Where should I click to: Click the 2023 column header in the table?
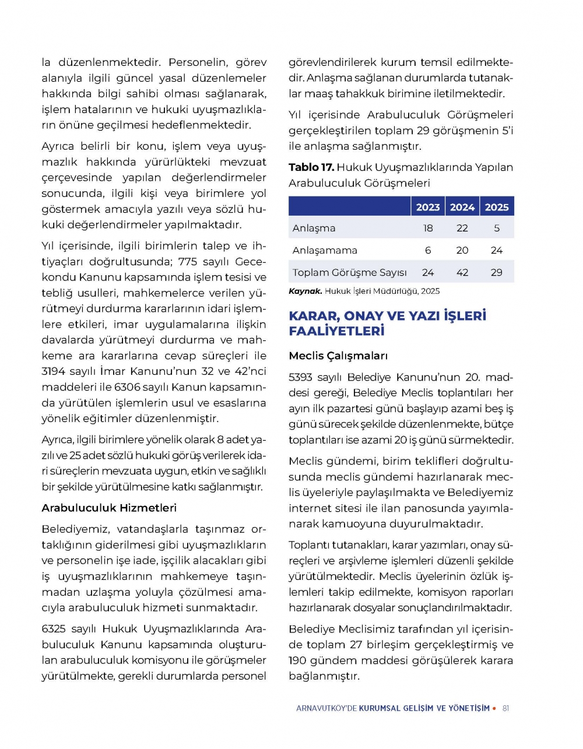coord(428,207)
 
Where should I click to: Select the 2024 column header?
coord(462,207)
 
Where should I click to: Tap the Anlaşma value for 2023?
coord(428,228)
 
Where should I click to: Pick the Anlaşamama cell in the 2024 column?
coord(462,250)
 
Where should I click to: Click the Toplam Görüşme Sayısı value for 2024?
coord(462,272)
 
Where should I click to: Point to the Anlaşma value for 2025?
coord(497,228)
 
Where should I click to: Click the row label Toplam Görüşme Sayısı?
coord(349,272)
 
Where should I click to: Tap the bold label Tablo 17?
coord(311,167)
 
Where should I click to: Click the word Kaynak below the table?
coord(305,291)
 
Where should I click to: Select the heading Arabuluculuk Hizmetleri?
coord(109,508)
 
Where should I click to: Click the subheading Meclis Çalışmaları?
coord(338,356)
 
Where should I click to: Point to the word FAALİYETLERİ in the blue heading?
coord(336,331)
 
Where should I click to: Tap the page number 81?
coord(505,708)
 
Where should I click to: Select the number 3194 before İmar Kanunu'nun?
coord(54,371)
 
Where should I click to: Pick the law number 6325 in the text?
coord(54,629)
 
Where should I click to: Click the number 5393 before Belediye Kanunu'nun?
coord(301,377)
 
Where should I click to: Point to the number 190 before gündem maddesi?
coord(297,660)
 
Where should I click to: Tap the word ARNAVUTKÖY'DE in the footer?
coord(326,708)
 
